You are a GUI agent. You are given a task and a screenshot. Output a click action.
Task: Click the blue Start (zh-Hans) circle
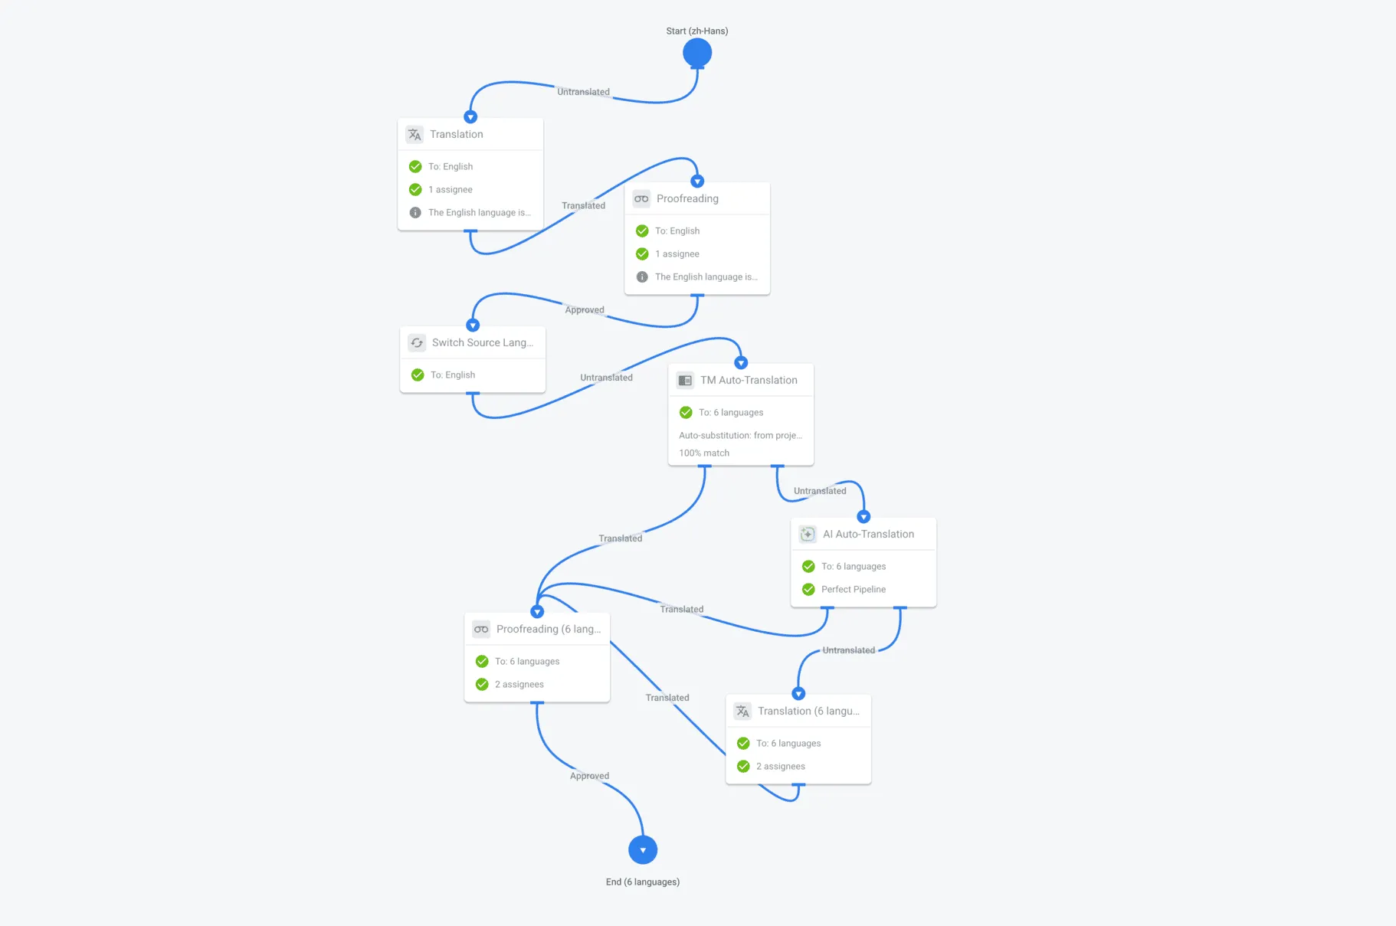pyautogui.click(x=697, y=53)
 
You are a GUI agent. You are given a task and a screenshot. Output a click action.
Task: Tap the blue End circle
pyautogui.click(x=643, y=850)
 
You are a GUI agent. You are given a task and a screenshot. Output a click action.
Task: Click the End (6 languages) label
pyautogui.click(x=643, y=882)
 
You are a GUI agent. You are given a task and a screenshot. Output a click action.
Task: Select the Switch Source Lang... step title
pyautogui.click(x=483, y=342)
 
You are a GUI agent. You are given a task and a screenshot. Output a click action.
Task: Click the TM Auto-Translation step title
pyautogui.click(x=749, y=380)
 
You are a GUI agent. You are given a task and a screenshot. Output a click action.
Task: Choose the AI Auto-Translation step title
pyautogui.click(x=868, y=534)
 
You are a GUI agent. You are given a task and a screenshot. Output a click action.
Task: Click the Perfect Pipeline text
pyautogui.click(x=854, y=589)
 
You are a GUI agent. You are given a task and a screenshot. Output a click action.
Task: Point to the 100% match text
pyautogui.click(x=704, y=453)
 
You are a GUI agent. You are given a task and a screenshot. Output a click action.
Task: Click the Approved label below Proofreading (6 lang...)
pyautogui.click(x=589, y=776)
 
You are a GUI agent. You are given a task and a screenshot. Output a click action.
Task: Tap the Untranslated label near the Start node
pyautogui.click(x=583, y=92)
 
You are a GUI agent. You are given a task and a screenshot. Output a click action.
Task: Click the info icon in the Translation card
pyautogui.click(x=415, y=212)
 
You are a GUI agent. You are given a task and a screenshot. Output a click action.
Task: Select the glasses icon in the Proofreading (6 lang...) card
pyautogui.click(x=481, y=630)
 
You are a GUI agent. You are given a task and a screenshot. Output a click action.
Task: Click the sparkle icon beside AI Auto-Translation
pyautogui.click(x=808, y=535)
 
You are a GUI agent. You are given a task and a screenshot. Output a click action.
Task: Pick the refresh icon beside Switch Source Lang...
pyautogui.click(x=417, y=343)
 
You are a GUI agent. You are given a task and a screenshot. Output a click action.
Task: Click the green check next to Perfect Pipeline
pyautogui.click(x=808, y=589)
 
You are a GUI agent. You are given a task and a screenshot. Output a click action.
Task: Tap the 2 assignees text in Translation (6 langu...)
pyautogui.click(x=780, y=766)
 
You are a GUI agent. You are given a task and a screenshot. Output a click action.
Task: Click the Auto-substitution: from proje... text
pyautogui.click(x=740, y=435)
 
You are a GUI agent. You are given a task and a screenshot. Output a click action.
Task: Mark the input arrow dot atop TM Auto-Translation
pyautogui.click(x=741, y=363)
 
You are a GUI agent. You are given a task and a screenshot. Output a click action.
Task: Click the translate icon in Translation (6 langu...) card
pyautogui.click(x=742, y=712)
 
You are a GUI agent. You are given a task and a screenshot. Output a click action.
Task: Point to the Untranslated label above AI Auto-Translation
pyautogui.click(x=820, y=491)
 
